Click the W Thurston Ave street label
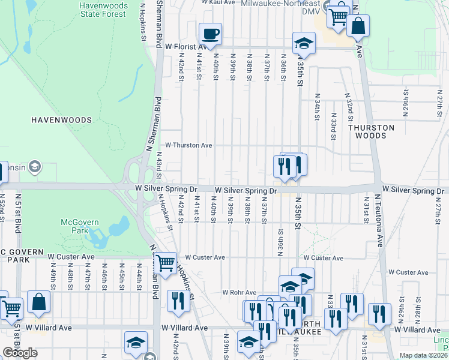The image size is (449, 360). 188,145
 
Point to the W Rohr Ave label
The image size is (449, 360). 240,292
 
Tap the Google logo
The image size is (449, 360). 20,353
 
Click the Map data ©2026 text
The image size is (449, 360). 423,355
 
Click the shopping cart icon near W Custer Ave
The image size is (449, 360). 165,263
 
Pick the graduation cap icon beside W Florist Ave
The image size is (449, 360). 304,43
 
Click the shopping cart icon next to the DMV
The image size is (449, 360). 339,16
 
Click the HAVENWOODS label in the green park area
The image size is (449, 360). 62,120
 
